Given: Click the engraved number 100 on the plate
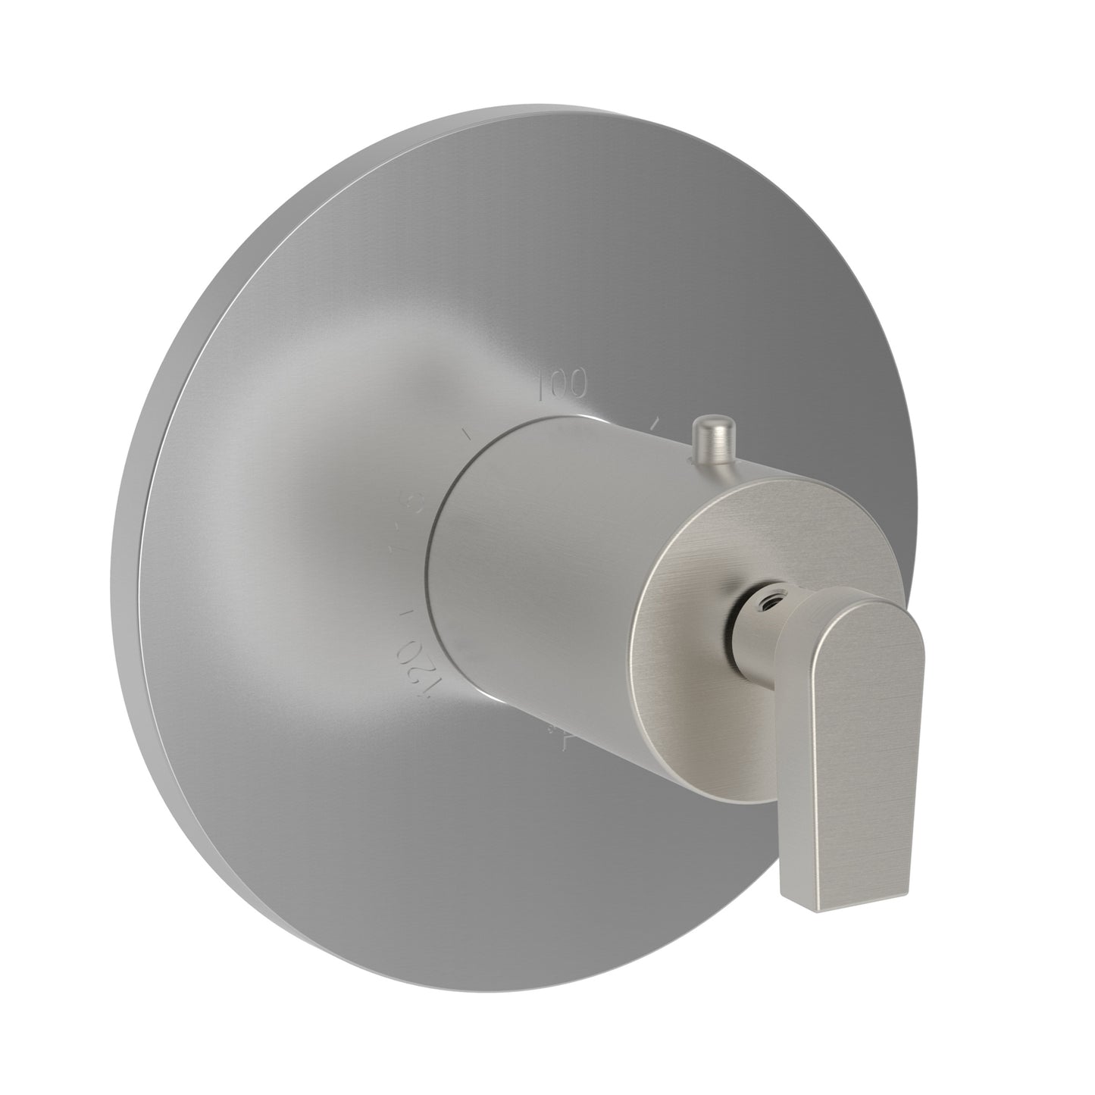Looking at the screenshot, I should click(x=562, y=386).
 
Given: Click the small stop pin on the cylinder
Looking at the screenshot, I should click(x=709, y=439).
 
